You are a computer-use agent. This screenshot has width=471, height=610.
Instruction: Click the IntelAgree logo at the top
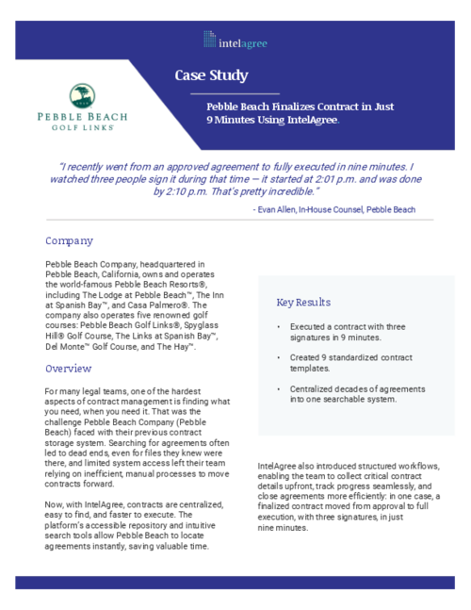[235, 40]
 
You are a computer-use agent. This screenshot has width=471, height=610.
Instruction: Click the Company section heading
[69, 240]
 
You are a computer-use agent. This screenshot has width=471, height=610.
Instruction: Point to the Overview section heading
[68, 368]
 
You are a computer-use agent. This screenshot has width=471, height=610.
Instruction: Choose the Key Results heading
[303, 303]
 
